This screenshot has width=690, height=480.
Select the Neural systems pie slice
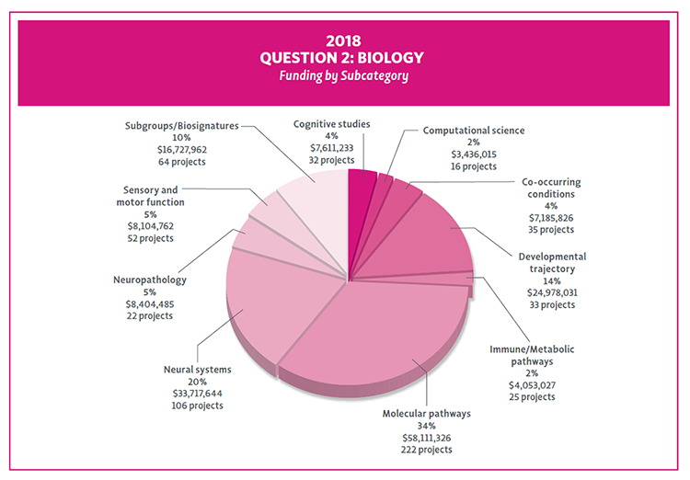coord(276,294)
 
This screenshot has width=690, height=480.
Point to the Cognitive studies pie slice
coord(362,184)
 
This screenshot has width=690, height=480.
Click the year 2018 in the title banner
coord(344,41)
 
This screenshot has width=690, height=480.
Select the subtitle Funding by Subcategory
coord(344,75)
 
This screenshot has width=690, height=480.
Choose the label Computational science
coord(473,131)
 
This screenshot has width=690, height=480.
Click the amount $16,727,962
coord(181,149)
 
